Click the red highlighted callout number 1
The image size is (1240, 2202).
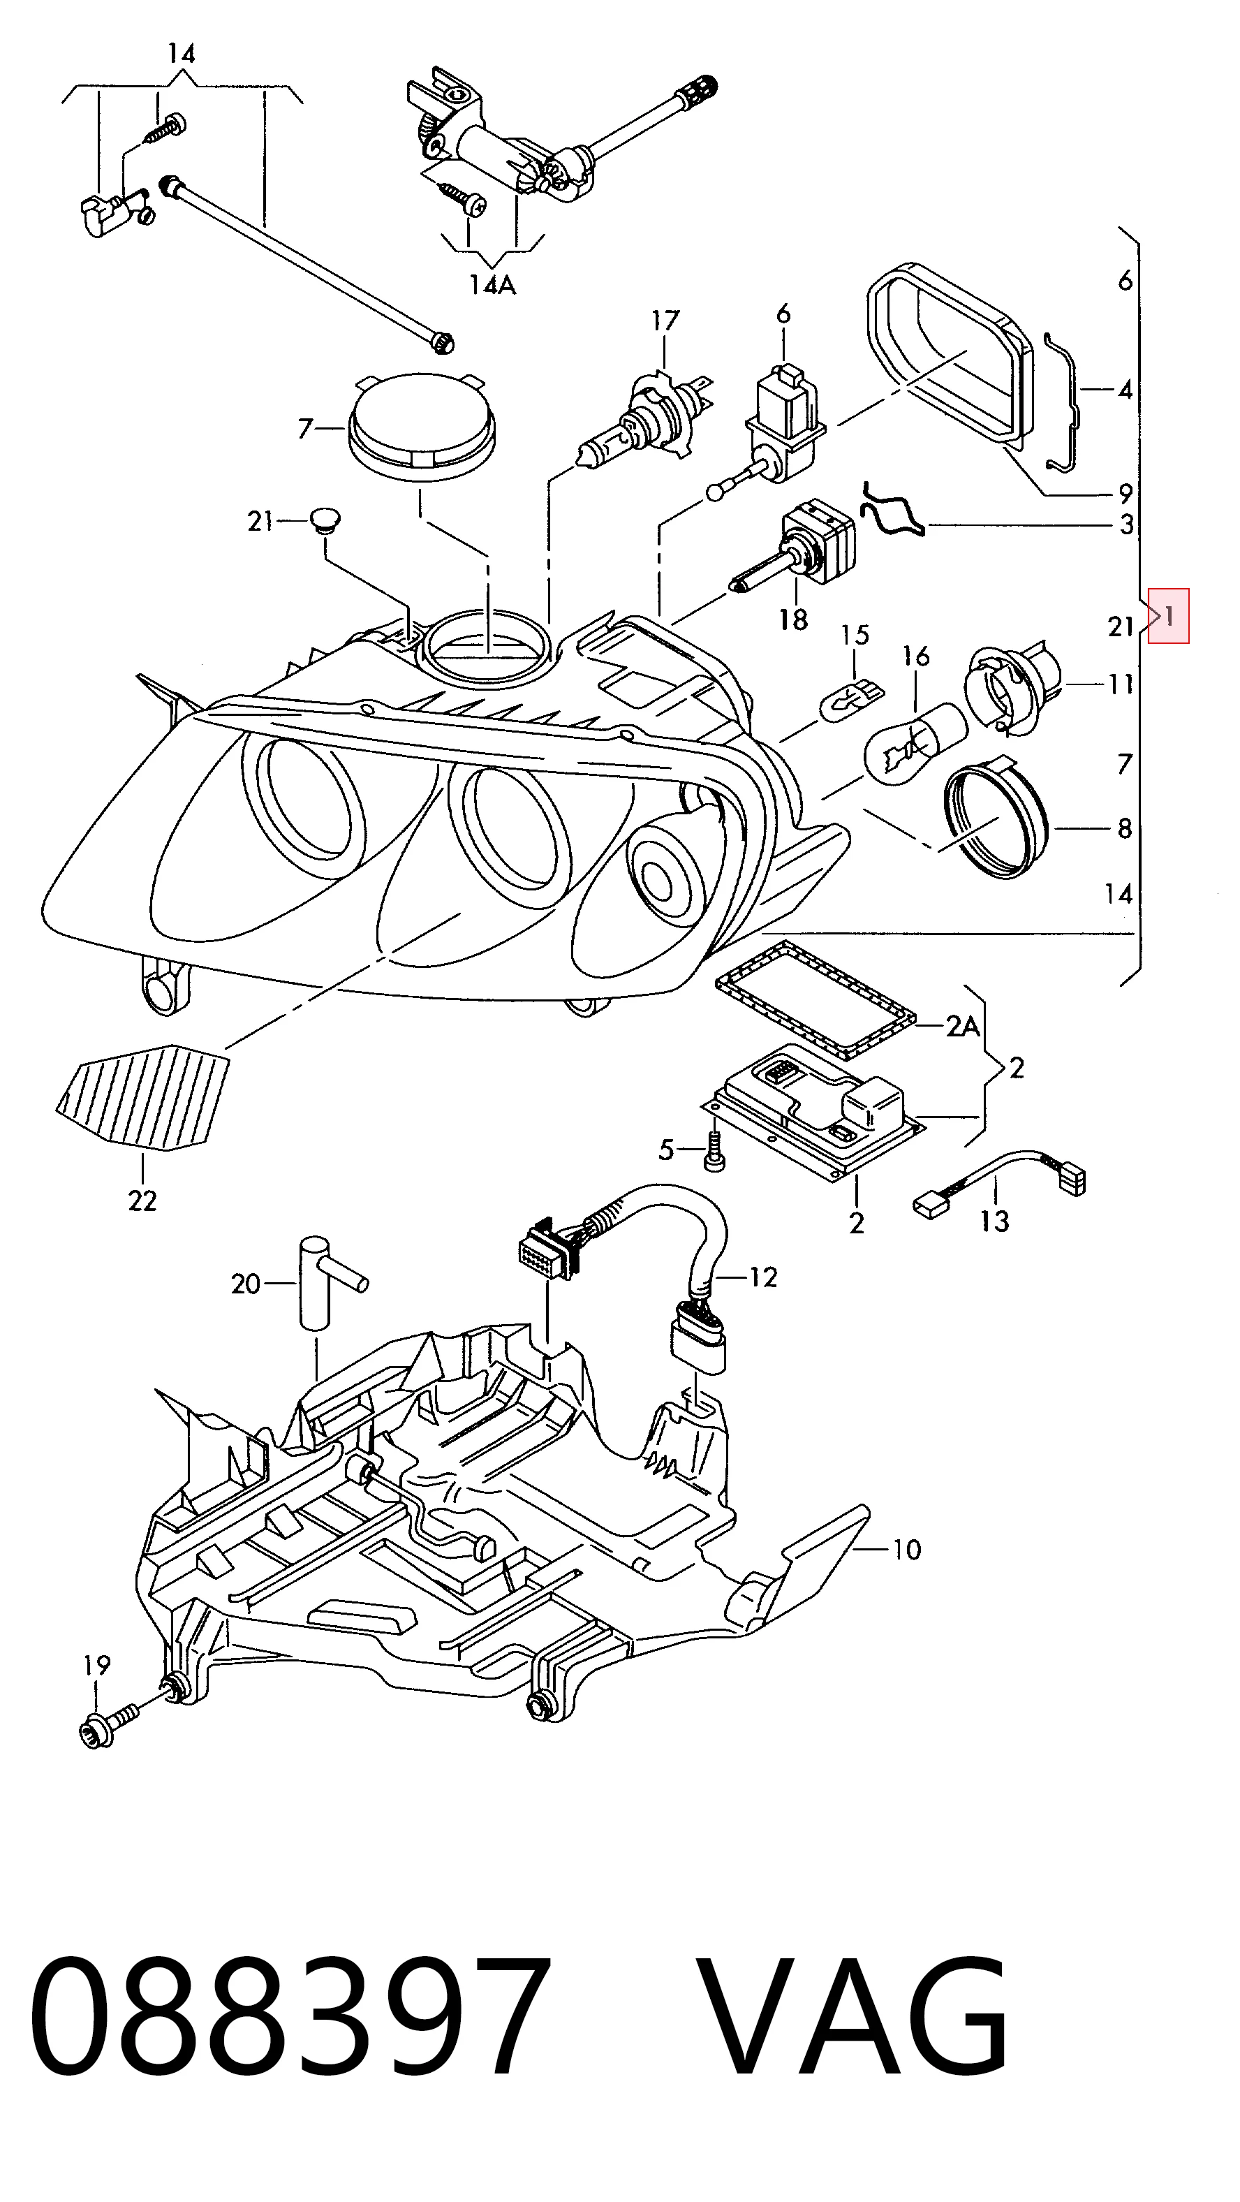point(1168,615)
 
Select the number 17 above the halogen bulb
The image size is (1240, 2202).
point(665,321)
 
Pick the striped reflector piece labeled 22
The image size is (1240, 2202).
point(144,1096)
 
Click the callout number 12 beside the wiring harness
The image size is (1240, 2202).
point(763,1277)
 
